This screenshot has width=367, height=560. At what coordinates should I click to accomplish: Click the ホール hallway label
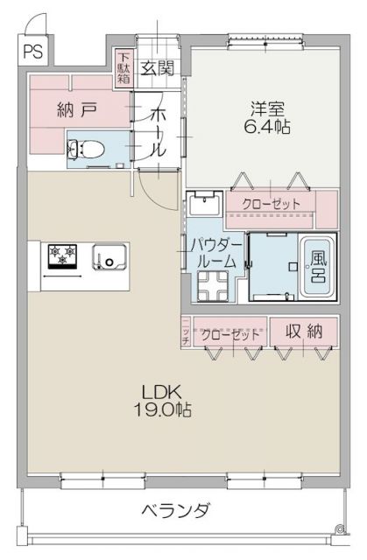157,132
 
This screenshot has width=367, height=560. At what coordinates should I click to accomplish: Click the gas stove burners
62,256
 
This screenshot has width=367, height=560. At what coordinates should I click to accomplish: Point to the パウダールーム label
215,253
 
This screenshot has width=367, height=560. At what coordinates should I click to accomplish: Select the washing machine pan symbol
209,284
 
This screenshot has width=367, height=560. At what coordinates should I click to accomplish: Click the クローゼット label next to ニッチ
230,333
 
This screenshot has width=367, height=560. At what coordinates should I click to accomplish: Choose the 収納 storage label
302,332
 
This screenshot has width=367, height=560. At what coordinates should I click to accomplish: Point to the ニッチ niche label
186,333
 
